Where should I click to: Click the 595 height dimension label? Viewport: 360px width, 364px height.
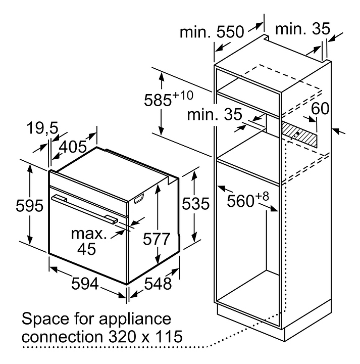(x=29, y=205)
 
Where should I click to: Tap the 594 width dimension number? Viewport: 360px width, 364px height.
(x=85, y=284)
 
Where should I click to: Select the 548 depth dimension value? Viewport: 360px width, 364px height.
(x=158, y=284)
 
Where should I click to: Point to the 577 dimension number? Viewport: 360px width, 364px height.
(x=157, y=239)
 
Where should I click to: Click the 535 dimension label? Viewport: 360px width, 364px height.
(x=195, y=204)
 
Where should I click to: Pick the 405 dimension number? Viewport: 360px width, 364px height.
(x=73, y=147)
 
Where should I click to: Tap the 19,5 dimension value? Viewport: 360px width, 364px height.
(x=42, y=128)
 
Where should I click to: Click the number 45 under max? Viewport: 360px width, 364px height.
(x=86, y=249)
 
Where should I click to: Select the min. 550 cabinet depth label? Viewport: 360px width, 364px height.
(x=212, y=32)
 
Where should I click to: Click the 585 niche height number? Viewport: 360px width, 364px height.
(x=158, y=100)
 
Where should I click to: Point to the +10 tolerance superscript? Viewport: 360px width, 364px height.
(x=183, y=96)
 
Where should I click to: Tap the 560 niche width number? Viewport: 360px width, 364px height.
(x=240, y=201)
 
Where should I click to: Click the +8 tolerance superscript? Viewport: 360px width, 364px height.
(x=262, y=197)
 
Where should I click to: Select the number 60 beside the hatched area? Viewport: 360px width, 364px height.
(x=320, y=108)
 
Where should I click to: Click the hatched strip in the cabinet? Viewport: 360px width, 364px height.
(x=299, y=134)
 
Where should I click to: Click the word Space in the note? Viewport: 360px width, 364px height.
(x=45, y=320)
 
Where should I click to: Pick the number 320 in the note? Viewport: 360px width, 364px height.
(x=123, y=336)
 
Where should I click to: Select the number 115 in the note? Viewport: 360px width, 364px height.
(x=169, y=336)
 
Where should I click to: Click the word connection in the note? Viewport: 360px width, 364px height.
(x=62, y=336)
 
